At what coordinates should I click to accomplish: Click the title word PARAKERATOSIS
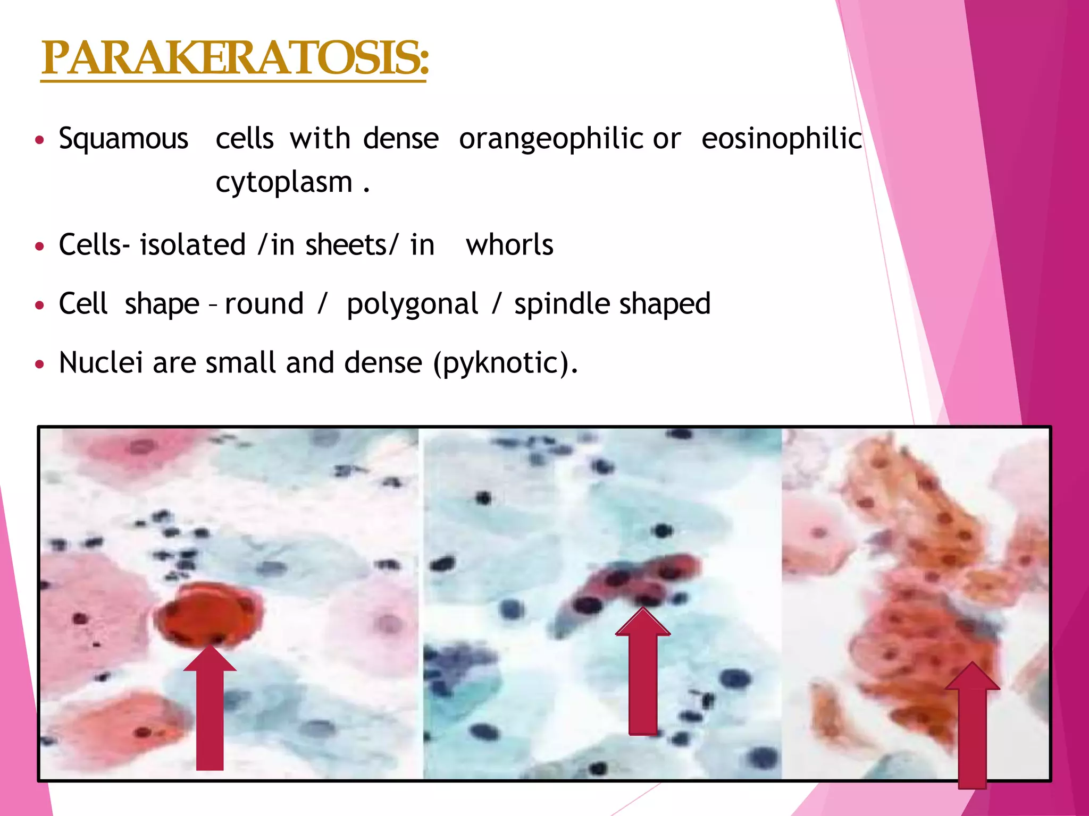pos(234,58)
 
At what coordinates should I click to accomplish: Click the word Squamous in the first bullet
pos(123,139)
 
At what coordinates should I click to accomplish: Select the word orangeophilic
pos(551,139)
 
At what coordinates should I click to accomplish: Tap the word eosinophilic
pos(781,139)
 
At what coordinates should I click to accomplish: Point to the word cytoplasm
pos(284,183)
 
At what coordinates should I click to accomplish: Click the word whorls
pos(509,245)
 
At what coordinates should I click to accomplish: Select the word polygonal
pos(412,304)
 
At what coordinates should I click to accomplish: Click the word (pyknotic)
pos(505,363)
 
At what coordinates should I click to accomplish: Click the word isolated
pos(192,245)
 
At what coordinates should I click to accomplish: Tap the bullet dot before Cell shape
pos(39,305)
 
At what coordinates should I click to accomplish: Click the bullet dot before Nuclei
pos(39,364)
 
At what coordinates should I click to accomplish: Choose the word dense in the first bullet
pos(401,139)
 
